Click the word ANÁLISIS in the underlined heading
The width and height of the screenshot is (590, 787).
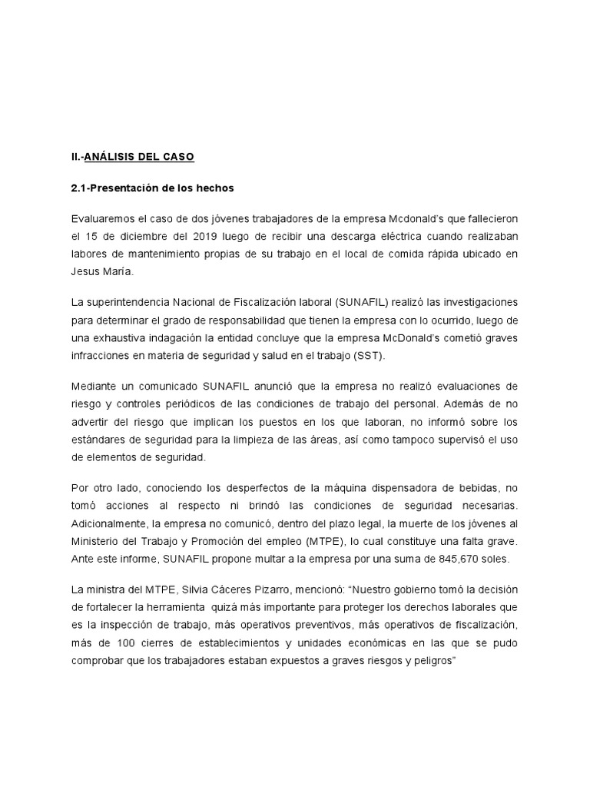point(108,157)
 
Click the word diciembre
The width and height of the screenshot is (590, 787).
point(133,236)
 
